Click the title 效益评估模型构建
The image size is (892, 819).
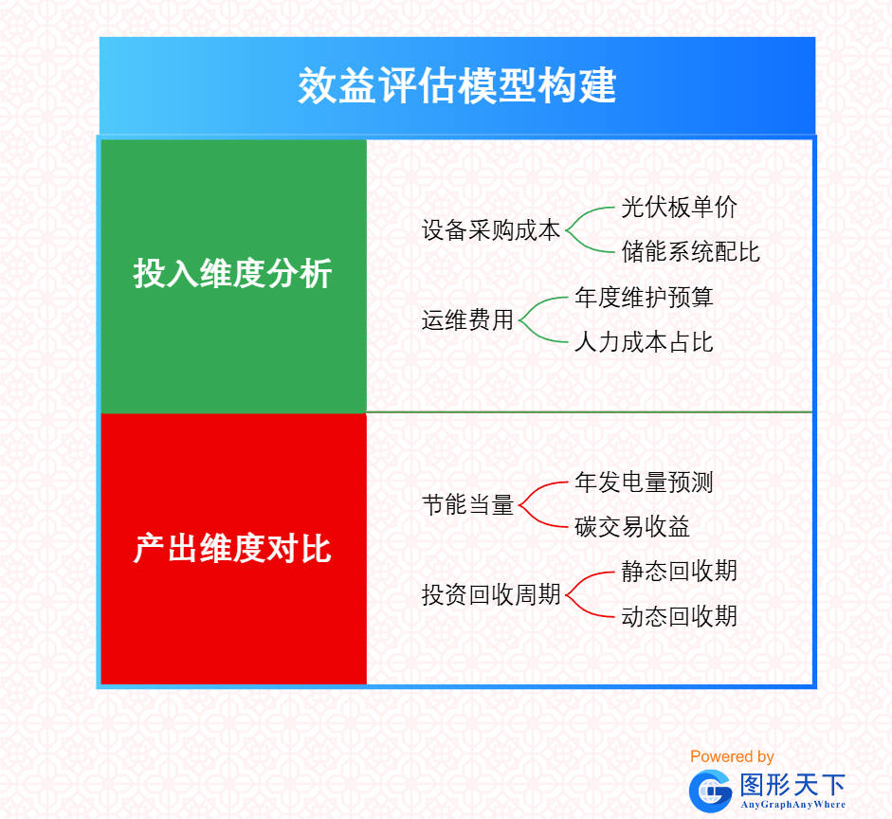pos(457,86)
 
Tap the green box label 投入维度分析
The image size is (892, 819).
pos(232,275)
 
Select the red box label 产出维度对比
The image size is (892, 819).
pos(232,549)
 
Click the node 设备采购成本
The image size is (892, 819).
pos(491,230)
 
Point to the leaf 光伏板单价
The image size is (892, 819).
pos(679,208)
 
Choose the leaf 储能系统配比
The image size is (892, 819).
pos(690,252)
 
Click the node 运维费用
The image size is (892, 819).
pos(467,320)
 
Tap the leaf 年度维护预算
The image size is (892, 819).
pos(644,298)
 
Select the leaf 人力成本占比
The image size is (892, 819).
pos(644,342)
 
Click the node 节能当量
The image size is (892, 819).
pos(467,505)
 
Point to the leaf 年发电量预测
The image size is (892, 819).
pos(644,482)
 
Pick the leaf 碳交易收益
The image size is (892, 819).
pos(632,527)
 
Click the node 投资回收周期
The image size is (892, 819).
pos(491,595)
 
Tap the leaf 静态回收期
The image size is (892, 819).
pos(679,572)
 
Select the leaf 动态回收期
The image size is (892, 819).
pos(679,617)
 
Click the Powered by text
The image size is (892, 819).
pos(732,756)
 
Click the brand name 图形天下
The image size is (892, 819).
pos(792,785)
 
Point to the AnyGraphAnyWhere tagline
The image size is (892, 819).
pos(792,805)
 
